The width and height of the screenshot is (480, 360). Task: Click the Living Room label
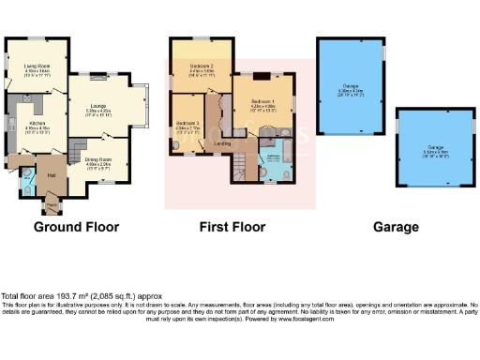[37, 67]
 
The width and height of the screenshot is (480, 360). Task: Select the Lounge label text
[97, 106]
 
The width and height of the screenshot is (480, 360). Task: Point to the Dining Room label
[98, 159]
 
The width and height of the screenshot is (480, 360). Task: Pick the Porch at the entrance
[51, 205]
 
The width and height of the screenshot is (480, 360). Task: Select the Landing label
[223, 143]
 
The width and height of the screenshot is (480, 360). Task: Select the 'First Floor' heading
[232, 227]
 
